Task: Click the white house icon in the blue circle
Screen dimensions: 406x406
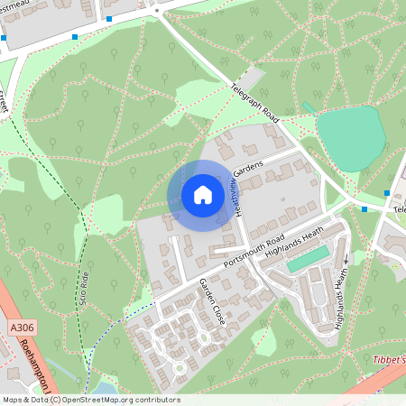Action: [203, 195]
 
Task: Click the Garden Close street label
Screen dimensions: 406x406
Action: [214, 301]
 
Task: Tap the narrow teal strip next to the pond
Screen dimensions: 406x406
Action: [309, 106]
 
